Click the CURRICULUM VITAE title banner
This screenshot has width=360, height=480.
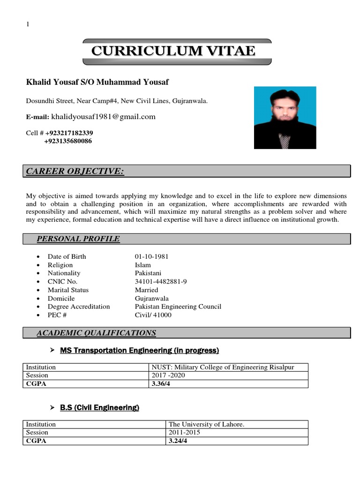(x=177, y=52)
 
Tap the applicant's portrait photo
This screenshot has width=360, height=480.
(x=285, y=118)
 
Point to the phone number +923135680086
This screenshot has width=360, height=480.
(x=68, y=141)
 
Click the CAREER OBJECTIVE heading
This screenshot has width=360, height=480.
(x=75, y=172)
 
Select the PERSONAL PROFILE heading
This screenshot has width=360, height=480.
(x=78, y=239)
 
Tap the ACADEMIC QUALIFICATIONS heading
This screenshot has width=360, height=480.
(x=96, y=333)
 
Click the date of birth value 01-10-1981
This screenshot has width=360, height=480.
(x=151, y=256)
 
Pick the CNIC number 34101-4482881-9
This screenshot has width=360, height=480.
(x=161, y=281)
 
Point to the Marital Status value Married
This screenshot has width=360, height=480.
(x=146, y=290)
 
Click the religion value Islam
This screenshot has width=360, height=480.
(x=142, y=265)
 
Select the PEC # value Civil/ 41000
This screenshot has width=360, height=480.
(x=153, y=315)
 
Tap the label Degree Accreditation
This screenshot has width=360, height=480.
(x=79, y=307)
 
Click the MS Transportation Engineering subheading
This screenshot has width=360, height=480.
(x=139, y=350)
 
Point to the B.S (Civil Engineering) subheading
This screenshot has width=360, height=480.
(x=99, y=408)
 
